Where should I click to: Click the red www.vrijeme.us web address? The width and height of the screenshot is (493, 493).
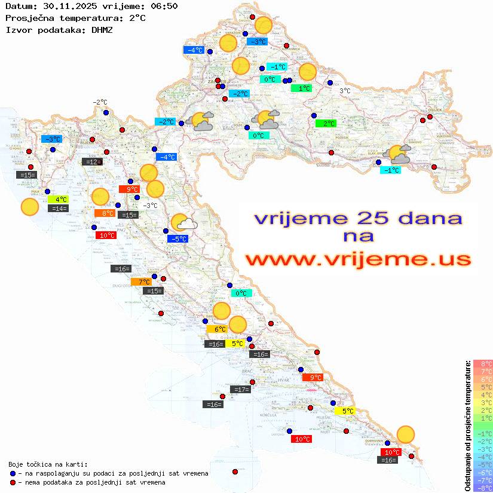pyautogui.click(x=358, y=259)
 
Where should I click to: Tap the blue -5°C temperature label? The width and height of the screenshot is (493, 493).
pyautogui.click(x=178, y=238)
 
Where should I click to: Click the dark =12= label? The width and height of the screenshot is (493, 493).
pyautogui.click(x=92, y=161)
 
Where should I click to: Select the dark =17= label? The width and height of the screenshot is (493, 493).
pyautogui.click(x=240, y=390)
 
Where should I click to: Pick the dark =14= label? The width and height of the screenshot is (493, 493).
pyautogui.click(x=59, y=209)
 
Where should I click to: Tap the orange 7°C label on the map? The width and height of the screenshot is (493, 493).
pyautogui.click(x=144, y=281)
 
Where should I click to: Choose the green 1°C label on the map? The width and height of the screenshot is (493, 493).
pyautogui.click(x=301, y=88)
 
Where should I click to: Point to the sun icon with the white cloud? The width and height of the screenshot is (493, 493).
pyautogui.click(x=184, y=223)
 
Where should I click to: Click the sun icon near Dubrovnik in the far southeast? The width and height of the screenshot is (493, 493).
pyautogui.click(x=406, y=434)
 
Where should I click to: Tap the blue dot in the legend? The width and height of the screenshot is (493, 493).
pyautogui.click(x=13, y=473)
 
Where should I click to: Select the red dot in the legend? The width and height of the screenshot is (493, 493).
pyautogui.click(x=13, y=482)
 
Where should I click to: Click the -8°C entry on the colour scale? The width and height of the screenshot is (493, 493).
pyautogui.click(x=482, y=488)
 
